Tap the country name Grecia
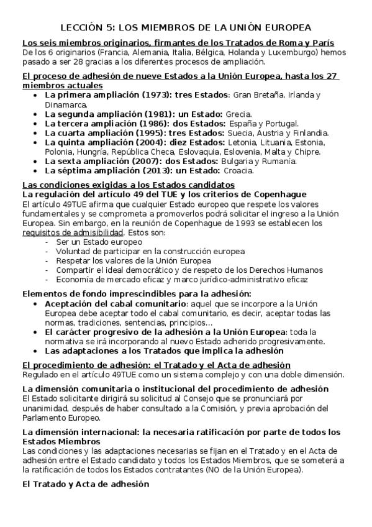coord(238,114)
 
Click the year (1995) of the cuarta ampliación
coord(139,133)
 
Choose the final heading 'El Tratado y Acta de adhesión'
coord(86,483)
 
